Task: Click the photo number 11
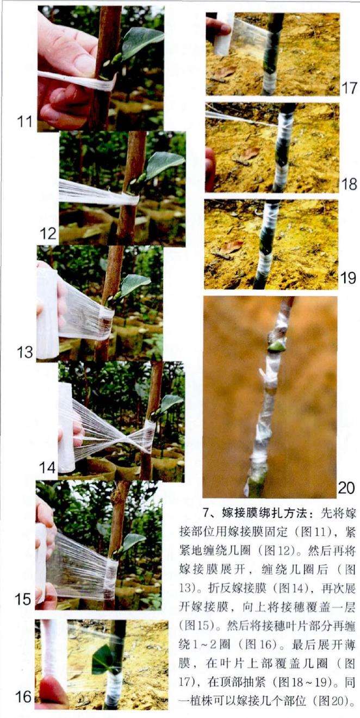[24, 122]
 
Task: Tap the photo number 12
[48, 234]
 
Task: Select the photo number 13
[24, 352]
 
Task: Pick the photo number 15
[23, 599]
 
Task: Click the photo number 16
[24, 705]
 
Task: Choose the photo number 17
[349, 88]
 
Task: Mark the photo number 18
[349, 184]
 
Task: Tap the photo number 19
[349, 278]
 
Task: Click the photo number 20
[346, 488]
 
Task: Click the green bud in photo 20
[276, 347]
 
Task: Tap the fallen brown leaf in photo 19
[232, 247]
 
